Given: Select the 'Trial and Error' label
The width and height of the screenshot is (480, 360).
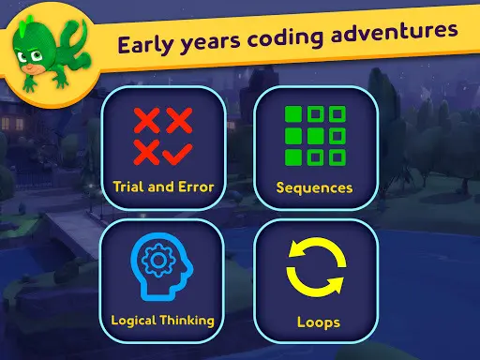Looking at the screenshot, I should click(x=162, y=187).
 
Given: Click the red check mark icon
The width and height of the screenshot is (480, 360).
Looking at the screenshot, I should click(x=178, y=147).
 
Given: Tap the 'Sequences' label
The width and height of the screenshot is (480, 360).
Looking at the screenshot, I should click(x=314, y=187).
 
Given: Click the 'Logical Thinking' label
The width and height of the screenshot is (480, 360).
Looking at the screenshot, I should click(x=162, y=320).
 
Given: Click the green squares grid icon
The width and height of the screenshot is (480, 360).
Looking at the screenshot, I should click(x=315, y=137).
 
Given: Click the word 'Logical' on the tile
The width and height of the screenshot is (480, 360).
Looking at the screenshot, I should click(x=131, y=320).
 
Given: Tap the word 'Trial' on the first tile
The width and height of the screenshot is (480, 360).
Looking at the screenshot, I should click(x=128, y=187).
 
